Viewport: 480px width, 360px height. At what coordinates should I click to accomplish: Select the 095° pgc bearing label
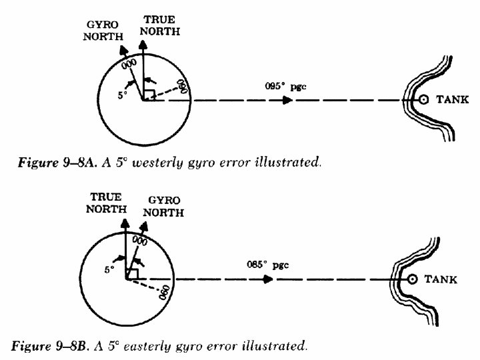(x=281, y=87)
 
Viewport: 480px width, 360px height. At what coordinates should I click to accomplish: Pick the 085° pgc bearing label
(x=262, y=263)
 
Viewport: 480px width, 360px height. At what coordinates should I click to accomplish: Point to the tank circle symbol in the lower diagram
(x=412, y=279)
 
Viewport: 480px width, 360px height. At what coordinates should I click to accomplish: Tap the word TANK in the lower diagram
(x=441, y=280)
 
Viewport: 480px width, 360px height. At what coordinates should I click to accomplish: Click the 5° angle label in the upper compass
(x=122, y=95)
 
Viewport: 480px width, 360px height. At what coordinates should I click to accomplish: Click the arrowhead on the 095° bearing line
(x=287, y=100)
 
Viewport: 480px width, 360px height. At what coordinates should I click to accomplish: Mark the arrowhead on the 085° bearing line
(x=268, y=279)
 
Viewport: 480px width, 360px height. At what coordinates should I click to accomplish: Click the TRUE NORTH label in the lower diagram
(x=107, y=202)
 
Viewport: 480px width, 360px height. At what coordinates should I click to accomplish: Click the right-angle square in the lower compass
(x=132, y=274)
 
